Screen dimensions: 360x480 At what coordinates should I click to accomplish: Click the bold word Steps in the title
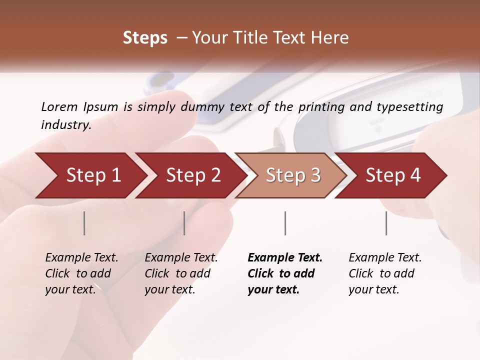coord(145,38)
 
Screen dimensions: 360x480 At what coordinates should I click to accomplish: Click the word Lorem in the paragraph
coord(59,106)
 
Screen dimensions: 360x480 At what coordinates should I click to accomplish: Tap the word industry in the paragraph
coord(65,124)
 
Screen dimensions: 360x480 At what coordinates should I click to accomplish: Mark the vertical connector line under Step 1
coord(84,223)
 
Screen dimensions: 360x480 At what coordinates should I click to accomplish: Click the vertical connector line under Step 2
coord(184,223)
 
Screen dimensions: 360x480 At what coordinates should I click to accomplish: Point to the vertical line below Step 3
coord(285,223)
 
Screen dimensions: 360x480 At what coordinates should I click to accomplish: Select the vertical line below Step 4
coord(386,223)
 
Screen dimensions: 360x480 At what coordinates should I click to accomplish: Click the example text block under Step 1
coord(81,273)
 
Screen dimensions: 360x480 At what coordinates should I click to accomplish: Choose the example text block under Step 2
coord(181,273)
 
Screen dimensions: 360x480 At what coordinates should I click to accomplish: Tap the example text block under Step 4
coord(385,273)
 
